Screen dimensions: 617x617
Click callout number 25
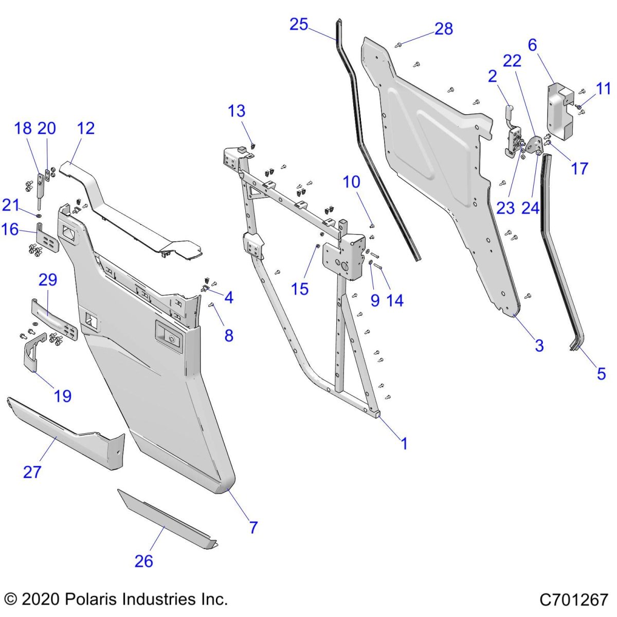coord(298,24)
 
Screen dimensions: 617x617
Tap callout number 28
coord(444,29)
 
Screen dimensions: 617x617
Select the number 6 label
coord(532,45)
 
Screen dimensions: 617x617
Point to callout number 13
coord(237,111)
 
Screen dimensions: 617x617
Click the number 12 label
coord(86,128)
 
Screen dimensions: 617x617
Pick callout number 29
coord(48,280)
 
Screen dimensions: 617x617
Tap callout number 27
coord(32,471)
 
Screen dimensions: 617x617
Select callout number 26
coord(144,561)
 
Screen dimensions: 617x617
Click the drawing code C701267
coord(574,600)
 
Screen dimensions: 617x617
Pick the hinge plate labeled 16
coord(46,237)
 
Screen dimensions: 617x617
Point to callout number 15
coord(300,289)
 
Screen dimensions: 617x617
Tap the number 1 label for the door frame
coord(404,444)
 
